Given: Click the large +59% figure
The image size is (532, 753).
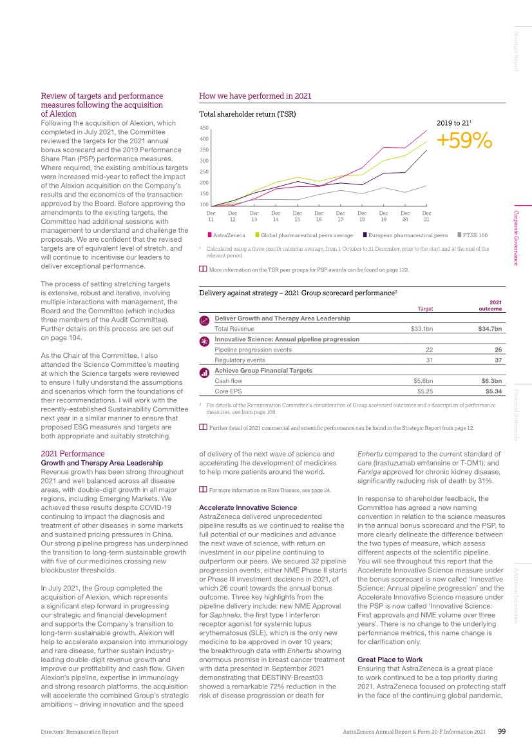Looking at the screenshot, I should click(464, 141).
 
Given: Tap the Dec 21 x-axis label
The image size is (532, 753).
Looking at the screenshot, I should click(426, 216).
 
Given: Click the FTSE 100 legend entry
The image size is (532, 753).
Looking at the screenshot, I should click(475, 235).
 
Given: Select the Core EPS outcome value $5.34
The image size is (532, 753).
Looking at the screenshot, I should click(493, 391).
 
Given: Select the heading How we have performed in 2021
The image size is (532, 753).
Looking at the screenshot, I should click(255, 96).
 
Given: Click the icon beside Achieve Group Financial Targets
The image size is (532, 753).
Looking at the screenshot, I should click(204, 372).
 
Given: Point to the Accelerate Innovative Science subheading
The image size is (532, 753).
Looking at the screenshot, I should click(248, 489).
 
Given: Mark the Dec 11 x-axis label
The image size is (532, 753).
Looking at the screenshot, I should click(211, 216).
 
